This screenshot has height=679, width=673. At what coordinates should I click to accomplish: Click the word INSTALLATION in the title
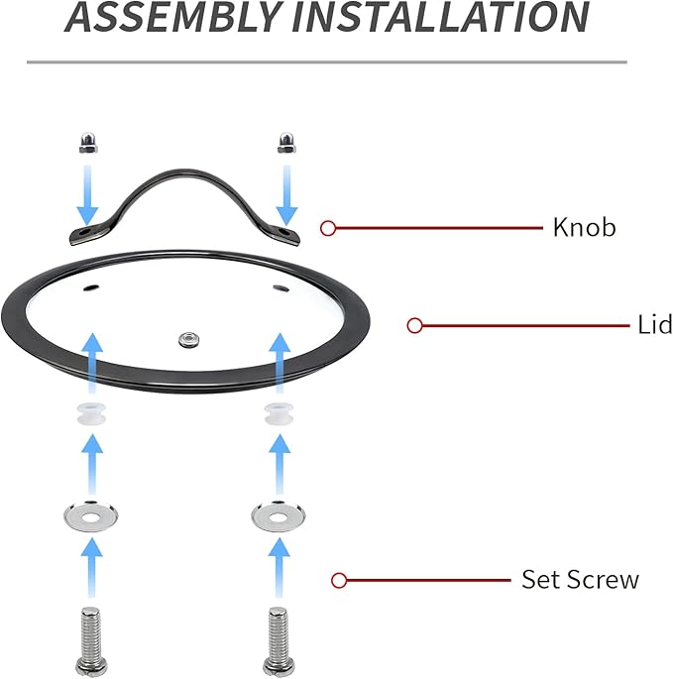coord(441,16)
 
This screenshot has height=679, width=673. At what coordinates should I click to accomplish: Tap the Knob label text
coord(584,227)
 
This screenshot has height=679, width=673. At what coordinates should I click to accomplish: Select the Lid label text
coord(655,324)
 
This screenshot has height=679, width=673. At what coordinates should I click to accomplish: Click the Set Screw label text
coord(580,580)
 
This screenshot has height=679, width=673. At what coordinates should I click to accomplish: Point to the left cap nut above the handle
coord(88,143)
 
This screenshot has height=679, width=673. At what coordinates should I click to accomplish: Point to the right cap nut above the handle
coord(286,143)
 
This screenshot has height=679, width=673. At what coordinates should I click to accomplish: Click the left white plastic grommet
coord(91,414)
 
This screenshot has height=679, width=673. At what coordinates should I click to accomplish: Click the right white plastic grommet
coord(279,414)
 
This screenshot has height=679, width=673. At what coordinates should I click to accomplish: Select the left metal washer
coord(90,515)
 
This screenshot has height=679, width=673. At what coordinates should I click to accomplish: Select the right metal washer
coord(279,515)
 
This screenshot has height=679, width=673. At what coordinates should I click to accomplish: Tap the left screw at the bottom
coord(91,641)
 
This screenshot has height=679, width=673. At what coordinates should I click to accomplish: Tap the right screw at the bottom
coord(279,641)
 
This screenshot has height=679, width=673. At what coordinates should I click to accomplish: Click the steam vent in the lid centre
coord(189,339)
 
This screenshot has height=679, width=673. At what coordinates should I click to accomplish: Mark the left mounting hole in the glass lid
coord(91,287)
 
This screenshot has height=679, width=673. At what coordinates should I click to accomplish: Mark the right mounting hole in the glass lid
coord(281,288)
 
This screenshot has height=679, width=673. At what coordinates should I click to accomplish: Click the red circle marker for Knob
coord(328,228)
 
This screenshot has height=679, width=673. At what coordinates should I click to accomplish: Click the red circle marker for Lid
coord(415,325)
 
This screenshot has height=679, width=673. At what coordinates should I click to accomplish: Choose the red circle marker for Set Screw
coord(339,580)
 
